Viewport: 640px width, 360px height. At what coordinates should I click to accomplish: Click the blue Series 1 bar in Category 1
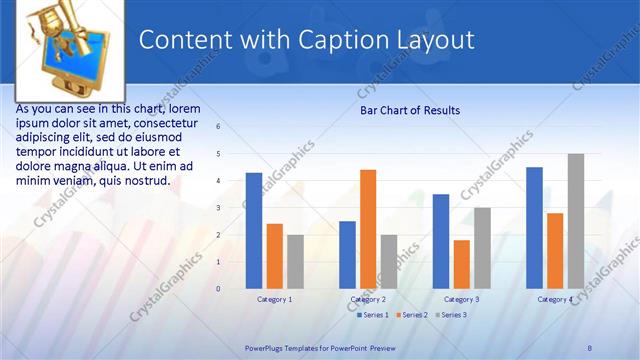(x=254, y=231)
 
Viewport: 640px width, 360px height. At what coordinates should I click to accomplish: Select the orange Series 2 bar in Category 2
(x=368, y=229)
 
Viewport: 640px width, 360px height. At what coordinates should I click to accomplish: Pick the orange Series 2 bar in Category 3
(x=461, y=264)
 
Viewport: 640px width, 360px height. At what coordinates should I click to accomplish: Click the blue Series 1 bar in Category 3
(x=441, y=241)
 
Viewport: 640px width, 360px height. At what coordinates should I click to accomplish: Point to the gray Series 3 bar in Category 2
(x=388, y=262)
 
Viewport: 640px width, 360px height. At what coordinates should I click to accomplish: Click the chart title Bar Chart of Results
(x=410, y=110)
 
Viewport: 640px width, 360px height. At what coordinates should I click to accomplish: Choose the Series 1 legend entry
(x=373, y=315)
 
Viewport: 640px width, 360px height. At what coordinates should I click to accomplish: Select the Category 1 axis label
(x=274, y=299)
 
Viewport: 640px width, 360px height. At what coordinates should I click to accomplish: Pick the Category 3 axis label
(x=461, y=299)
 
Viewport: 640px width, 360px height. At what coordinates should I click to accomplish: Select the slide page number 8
(x=589, y=347)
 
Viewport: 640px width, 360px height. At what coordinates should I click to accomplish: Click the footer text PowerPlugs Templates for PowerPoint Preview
(x=320, y=347)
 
